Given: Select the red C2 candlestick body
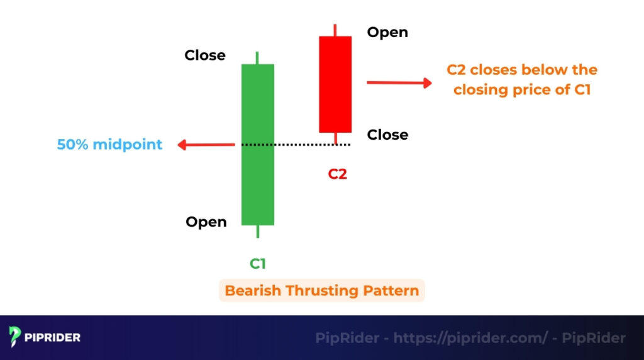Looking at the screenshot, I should [335, 84].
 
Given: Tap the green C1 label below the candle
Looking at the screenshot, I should [258, 264].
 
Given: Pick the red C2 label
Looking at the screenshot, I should [337, 174].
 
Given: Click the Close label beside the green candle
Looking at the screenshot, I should [205, 55].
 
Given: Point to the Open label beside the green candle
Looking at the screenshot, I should [206, 222].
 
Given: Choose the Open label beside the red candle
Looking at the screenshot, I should [387, 32].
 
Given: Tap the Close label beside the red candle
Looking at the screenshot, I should [387, 135].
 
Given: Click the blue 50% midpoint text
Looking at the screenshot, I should [109, 145].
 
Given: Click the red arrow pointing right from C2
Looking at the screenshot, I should [399, 82].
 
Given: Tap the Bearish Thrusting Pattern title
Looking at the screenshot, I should [321, 291].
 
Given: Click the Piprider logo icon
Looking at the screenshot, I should [15, 337].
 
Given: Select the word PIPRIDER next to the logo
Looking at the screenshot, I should [53, 338].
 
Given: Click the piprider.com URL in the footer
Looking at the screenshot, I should [470, 338].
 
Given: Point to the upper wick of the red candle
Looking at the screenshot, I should [335, 30].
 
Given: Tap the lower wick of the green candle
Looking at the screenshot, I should [258, 231].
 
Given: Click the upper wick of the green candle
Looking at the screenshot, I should [258, 58].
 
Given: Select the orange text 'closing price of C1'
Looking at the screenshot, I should [522, 89].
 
